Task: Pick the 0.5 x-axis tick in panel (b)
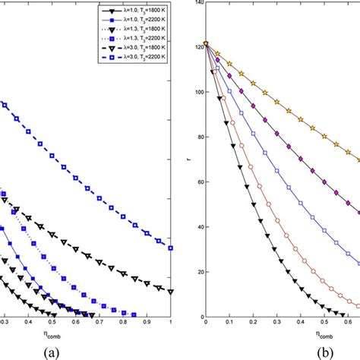pos(328,324)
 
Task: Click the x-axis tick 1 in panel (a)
pos(170,324)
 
